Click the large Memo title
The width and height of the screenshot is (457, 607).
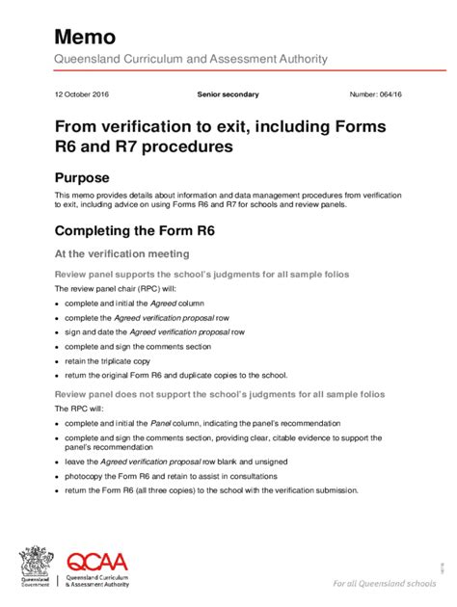tap(85, 37)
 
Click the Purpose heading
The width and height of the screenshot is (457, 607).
tap(82, 177)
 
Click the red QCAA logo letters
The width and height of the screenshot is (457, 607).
tap(96, 563)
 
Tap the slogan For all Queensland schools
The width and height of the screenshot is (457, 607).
tap(383, 584)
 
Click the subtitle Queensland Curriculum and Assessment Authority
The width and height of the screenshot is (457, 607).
tap(191, 59)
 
